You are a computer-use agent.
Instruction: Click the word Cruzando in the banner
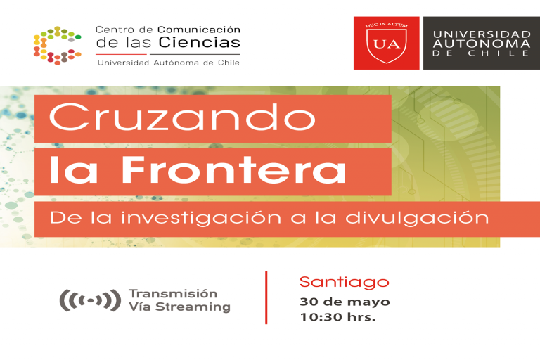tap(182, 117)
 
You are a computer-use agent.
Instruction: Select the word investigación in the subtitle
tap(201, 218)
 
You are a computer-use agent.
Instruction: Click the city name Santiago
tap(344, 282)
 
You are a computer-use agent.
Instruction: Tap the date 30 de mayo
tap(345, 302)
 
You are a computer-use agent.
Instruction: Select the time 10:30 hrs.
tap(337, 317)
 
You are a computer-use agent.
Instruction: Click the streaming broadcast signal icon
tap(89, 300)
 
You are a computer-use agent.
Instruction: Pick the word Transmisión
tap(173, 293)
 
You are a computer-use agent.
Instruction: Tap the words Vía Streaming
tap(179, 307)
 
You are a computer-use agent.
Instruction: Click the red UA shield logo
tap(386, 43)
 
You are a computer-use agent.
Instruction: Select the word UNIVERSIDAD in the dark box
tap(482, 34)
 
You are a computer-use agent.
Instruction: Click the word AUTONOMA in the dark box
tap(482, 44)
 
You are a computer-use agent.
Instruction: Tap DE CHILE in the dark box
tap(482, 54)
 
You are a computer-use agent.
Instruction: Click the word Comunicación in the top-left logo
tap(198, 30)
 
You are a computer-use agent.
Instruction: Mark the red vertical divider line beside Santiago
tap(266, 297)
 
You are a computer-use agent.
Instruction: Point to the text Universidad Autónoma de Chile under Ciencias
tap(168, 62)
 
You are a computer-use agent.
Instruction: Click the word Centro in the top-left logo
tap(114, 30)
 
